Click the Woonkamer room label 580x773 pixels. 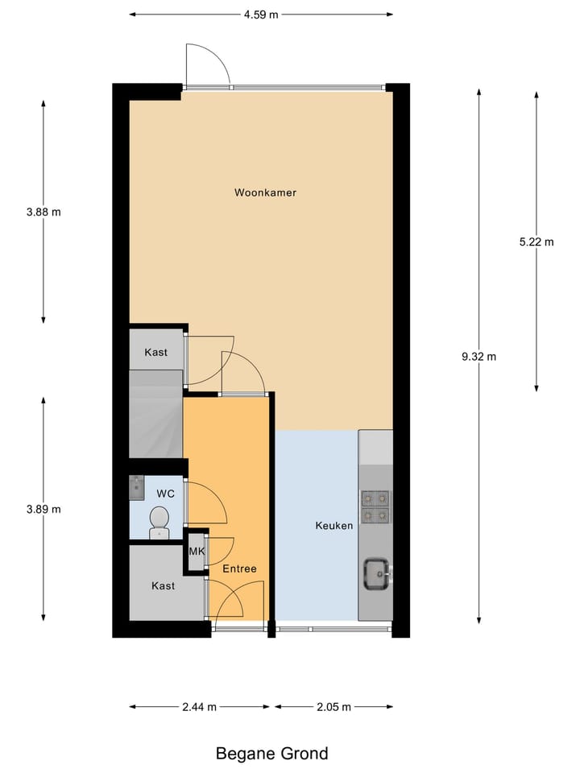tap(265, 192)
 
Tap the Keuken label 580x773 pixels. tap(333, 526)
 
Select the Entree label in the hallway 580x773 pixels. tap(239, 568)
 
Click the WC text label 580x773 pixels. tap(166, 492)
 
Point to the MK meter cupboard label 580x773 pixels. tap(197, 552)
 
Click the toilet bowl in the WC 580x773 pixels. tap(159, 521)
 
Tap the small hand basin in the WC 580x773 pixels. tap(136, 488)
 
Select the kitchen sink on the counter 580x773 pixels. tap(375, 573)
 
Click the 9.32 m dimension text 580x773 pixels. tap(478, 357)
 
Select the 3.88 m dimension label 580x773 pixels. tap(43, 213)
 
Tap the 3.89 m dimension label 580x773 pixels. tap(43, 509)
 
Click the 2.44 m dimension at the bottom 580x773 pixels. tap(199, 707)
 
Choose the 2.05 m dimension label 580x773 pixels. tap(333, 707)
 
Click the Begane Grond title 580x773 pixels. tap(272, 754)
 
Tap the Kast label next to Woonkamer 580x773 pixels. tap(156, 353)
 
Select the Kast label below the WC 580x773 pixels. tap(163, 586)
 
